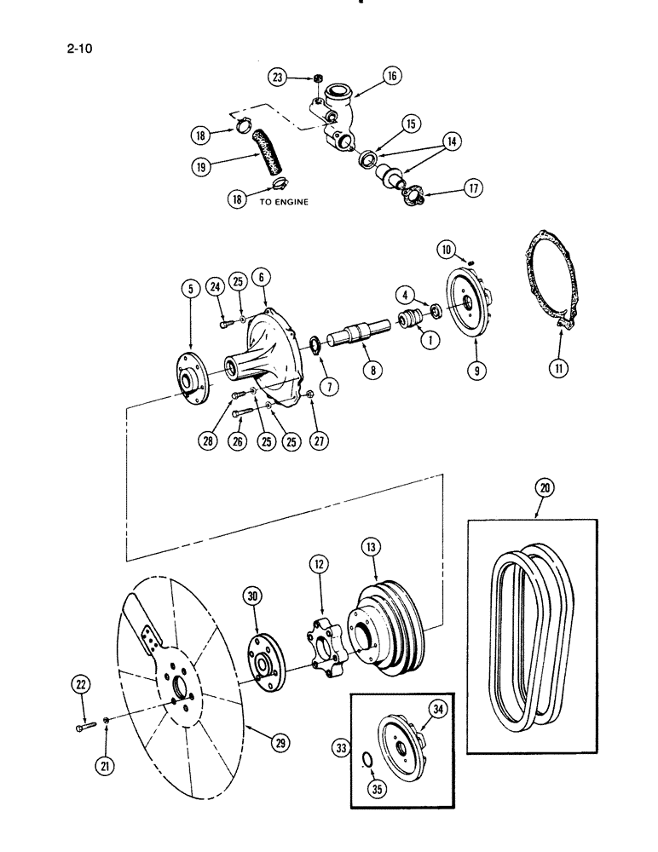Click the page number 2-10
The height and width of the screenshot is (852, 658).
pos(76,49)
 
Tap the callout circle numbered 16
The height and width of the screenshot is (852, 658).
pos(391,76)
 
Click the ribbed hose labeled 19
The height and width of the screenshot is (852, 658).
pos(257,158)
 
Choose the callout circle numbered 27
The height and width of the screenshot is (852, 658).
pos(313,441)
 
